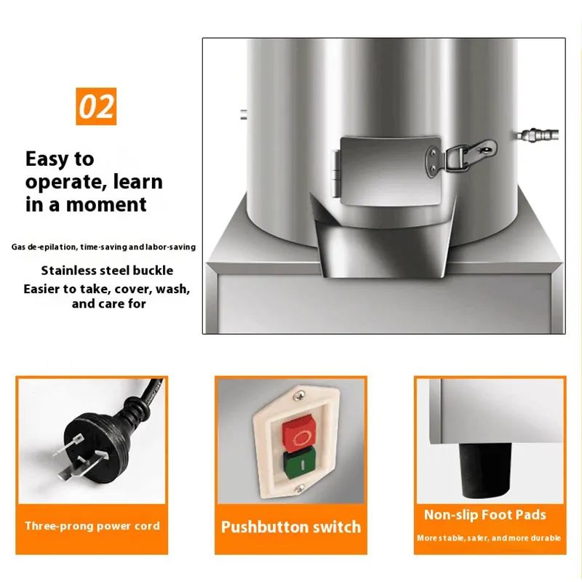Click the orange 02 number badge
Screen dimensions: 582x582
(x=96, y=106)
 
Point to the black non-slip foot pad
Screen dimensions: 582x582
(x=485, y=470)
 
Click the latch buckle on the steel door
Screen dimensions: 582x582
(x=461, y=156)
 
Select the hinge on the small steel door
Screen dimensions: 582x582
(x=336, y=174)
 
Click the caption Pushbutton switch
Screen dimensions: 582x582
(x=291, y=527)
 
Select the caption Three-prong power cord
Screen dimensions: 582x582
(x=92, y=526)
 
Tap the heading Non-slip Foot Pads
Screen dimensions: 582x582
(x=485, y=515)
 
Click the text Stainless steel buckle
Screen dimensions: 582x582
(x=107, y=271)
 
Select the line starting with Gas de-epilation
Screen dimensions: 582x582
(x=103, y=247)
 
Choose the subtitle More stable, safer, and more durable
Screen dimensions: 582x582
(x=489, y=538)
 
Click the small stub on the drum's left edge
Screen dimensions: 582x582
(x=244, y=114)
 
